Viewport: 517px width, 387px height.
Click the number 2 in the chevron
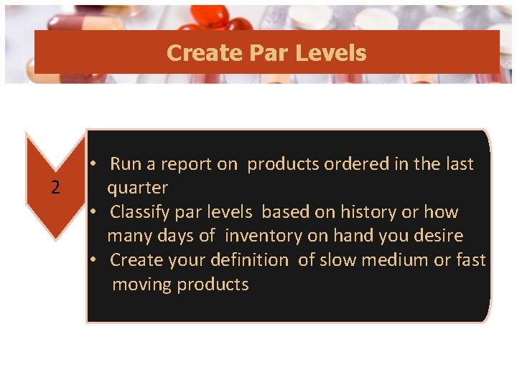tap(55, 188)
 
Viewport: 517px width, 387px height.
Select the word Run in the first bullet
tap(126, 164)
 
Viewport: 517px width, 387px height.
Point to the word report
tap(189, 164)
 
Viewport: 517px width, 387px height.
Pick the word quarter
tap(137, 188)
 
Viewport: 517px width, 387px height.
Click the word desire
tap(439, 236)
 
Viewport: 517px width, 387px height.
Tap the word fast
tap(471, 260)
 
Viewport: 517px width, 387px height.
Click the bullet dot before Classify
tap(93, 212)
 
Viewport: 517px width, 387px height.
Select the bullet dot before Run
tap(93, 164)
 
